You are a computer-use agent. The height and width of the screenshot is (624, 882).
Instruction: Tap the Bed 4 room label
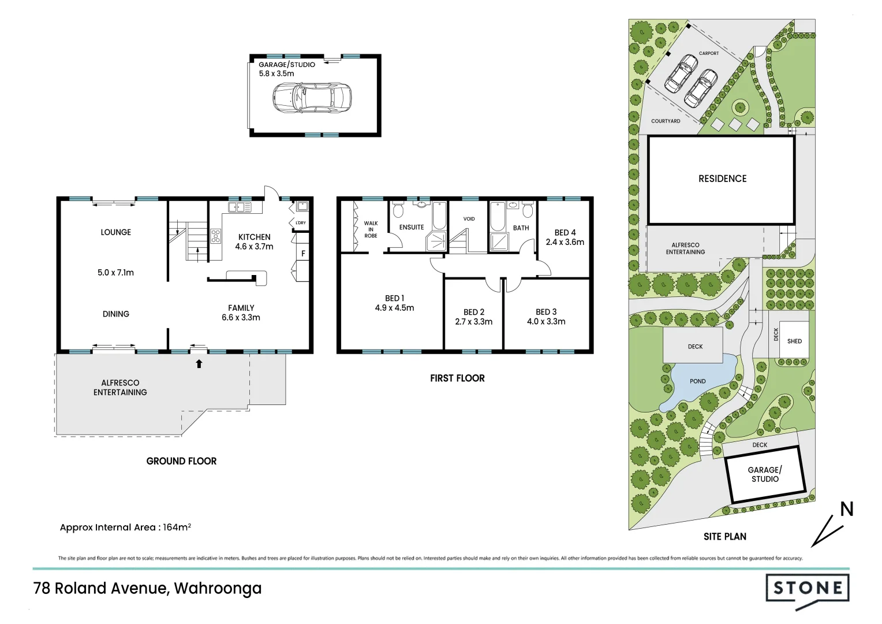[565, 232]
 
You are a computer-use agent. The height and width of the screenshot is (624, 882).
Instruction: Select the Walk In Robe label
[371, 229]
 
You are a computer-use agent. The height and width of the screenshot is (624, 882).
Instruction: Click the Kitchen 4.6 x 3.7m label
[254, 242]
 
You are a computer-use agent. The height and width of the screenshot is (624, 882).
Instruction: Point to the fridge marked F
[303, 253]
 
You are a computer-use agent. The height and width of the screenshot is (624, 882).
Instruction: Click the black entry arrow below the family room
[199, 364]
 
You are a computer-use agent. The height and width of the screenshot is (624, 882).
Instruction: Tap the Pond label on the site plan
[697, 381]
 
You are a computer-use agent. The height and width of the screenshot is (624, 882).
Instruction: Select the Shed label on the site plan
[794, 341]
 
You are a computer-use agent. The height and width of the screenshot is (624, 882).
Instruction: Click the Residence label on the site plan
[722, 179]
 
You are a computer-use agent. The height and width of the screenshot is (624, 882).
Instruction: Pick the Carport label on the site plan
[709, 53]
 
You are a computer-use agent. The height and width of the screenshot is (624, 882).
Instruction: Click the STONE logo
[807, 589]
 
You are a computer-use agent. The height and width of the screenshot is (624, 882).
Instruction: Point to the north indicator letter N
[846, 509]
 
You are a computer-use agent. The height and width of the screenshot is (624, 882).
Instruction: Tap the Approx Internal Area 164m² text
[125, 527]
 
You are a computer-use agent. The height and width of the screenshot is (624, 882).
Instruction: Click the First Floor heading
[457, 378]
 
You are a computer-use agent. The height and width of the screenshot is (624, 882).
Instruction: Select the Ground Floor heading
[181, 461]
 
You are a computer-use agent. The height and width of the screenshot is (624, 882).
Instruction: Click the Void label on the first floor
[469, 219]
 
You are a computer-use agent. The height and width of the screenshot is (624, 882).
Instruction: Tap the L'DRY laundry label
[300, 222]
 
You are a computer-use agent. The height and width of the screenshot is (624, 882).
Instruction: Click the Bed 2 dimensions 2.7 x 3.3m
[473, 322]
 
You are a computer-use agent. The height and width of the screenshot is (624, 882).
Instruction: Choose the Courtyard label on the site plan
[666, 121]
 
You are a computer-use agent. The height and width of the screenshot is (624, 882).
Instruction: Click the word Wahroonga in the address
[218, 588]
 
